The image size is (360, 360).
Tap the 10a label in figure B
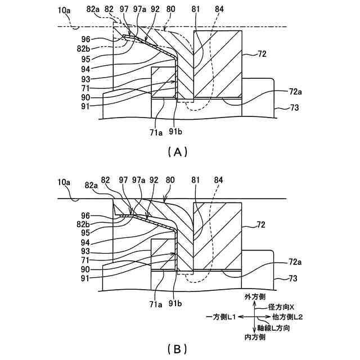pos(64,182)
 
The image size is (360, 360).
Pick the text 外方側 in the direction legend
pos(254,296)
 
